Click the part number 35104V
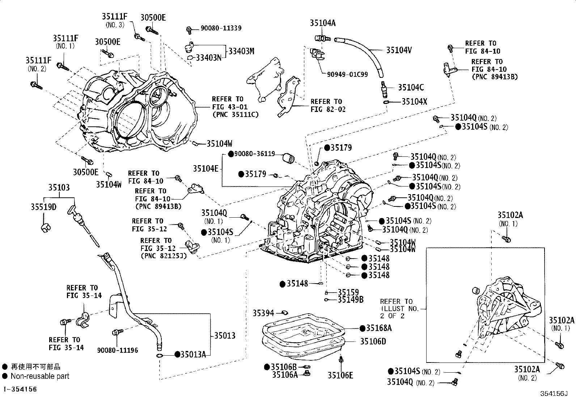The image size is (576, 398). (399, 50)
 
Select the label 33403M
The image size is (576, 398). (241, 51)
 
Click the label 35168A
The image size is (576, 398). (378, 328)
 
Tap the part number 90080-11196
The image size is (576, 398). (117, 350)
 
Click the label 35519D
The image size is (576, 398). (43, 207)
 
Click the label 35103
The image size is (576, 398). (59, 188)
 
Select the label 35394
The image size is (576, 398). (264, 312)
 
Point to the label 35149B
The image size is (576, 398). (351, 299)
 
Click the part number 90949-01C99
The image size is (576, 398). (347, 74)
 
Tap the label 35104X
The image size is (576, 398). (414, 102)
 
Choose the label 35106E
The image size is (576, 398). (340, 375)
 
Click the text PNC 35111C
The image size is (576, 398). (235, 115)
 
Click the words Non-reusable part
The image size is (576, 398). (40, 376)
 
